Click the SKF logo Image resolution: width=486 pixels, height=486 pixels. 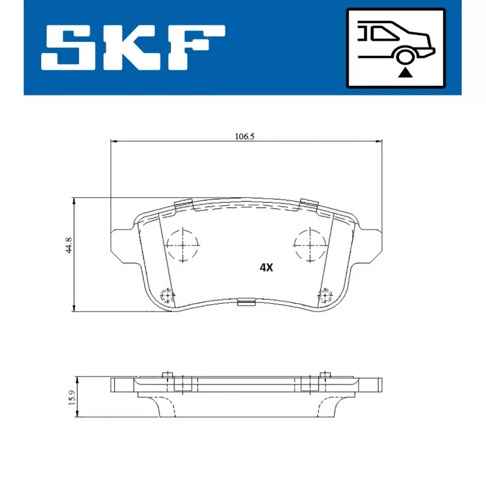pyautogui.click(x=133, y=47)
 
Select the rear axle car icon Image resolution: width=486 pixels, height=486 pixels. pyautogui.click(x=395, y=48)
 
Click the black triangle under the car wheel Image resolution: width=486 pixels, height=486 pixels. pyautogui.click(x=405, y=74)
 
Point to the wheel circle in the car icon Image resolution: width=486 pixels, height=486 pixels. pyautogui.click(x=405, y=57)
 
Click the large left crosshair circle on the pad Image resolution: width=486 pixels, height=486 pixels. pyautogui.click(x=182, y=245)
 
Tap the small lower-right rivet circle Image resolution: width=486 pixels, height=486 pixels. pyautogui.click(x=325, y=296)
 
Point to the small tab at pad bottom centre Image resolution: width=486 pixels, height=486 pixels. pyautogui.click(x=245, y=302)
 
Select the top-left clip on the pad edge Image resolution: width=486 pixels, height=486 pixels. pyautogui.click(x=182, y=204)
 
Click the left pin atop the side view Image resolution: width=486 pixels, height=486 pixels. pyautogui.click(x=168, y=374)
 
